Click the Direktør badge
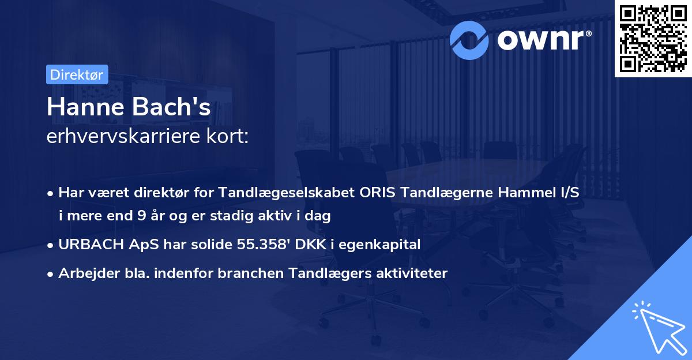pyautogui.click(x=77, y=74)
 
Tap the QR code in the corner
pyautogui.click(x=653, y=38)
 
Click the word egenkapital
pyautogui.click(x=386, y=245)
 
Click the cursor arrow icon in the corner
pyautogui.click(x=657, y=327)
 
